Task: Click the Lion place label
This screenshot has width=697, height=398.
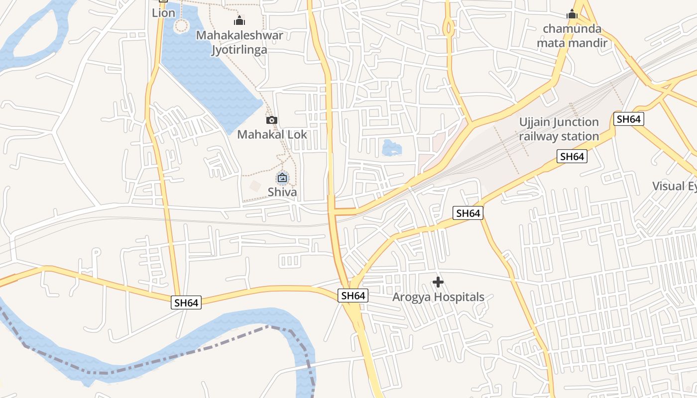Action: click(x=163, y=13)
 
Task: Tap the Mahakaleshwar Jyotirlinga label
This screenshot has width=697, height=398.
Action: click(x=239, y=42)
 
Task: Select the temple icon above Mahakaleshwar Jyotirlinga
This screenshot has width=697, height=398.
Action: click(x=239, y=21)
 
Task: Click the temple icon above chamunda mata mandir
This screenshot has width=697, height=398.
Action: click(x=572, y=14)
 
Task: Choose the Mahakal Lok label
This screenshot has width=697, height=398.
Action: click(x=272, y=134)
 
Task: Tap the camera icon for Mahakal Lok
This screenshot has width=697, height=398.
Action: click(x=272, y=120)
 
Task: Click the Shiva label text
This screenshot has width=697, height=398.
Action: click(x=282, y=192)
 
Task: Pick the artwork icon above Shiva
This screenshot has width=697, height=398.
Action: click(x=282, y=178)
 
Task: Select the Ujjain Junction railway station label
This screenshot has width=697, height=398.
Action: click(x=559, y=129)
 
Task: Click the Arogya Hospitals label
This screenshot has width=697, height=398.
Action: click(x=438, y=297)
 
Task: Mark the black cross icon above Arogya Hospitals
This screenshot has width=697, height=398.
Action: click(x=438, y=283)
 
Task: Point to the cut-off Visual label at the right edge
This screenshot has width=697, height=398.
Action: click(x=675, y=186)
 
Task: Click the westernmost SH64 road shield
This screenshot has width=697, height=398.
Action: click(x=186, y=302)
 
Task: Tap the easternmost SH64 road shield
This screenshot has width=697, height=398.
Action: click(x=629, y=119)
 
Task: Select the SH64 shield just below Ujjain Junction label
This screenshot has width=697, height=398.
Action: click(x=572, y=157)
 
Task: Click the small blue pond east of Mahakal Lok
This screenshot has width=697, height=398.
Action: click(x=390, y=148)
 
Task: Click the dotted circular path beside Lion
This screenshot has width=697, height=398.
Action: click(x=181, y=25)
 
